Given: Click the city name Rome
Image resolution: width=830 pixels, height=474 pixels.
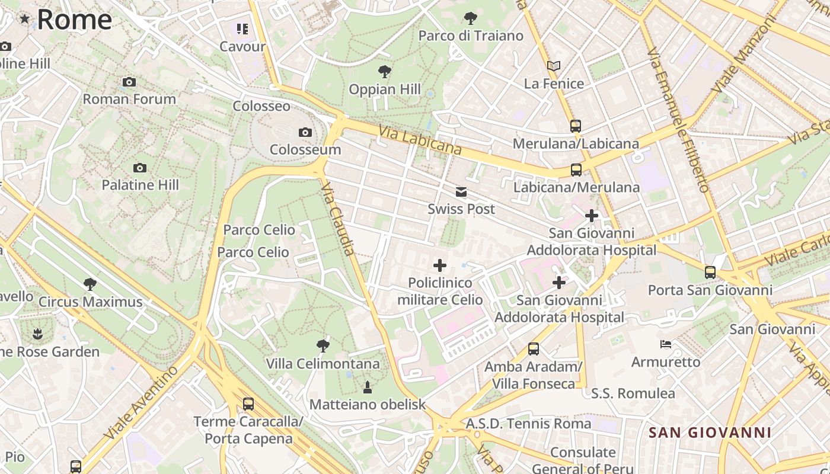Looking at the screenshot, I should pos(74,20).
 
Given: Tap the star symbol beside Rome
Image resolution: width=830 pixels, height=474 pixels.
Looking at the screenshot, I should pos(25,19).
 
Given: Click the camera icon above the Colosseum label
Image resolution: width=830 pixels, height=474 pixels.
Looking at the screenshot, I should pos(305,132).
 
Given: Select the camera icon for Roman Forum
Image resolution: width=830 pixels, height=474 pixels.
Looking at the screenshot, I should pos(129,82).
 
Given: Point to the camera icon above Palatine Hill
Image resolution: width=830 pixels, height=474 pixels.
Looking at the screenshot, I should pos(140,168).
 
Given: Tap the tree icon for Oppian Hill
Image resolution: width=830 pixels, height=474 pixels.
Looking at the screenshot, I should pos(385,72).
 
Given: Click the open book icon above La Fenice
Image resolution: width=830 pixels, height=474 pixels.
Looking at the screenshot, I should pos(554,66).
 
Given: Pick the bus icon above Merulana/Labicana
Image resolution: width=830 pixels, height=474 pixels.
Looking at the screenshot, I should pos(575,126).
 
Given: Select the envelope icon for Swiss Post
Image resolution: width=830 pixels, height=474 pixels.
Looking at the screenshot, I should pos(461,192).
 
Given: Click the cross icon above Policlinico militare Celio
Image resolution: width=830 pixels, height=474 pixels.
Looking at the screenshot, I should pos(440,265).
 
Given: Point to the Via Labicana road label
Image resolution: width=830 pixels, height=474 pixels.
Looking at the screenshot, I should pos(420,140).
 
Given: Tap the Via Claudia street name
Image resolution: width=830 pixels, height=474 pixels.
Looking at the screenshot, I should pos(338,219).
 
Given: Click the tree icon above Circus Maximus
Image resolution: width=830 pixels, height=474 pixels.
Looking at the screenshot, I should pos(90,284).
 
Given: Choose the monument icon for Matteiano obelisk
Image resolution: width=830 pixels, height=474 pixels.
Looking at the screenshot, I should pos(368,387).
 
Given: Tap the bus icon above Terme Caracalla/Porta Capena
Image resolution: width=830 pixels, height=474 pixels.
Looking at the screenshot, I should pos(248,404).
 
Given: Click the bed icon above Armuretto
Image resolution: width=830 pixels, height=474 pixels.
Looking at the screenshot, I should pos(666,344).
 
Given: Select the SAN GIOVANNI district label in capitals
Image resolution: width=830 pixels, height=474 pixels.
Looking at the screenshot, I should pos(710,433).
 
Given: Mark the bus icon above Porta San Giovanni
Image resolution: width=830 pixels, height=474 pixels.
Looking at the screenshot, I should pos(710,273).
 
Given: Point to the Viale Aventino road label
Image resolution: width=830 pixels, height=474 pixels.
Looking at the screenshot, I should pos(141,402).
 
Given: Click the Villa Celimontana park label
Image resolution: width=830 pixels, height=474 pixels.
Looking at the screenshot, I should pos(323,363).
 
